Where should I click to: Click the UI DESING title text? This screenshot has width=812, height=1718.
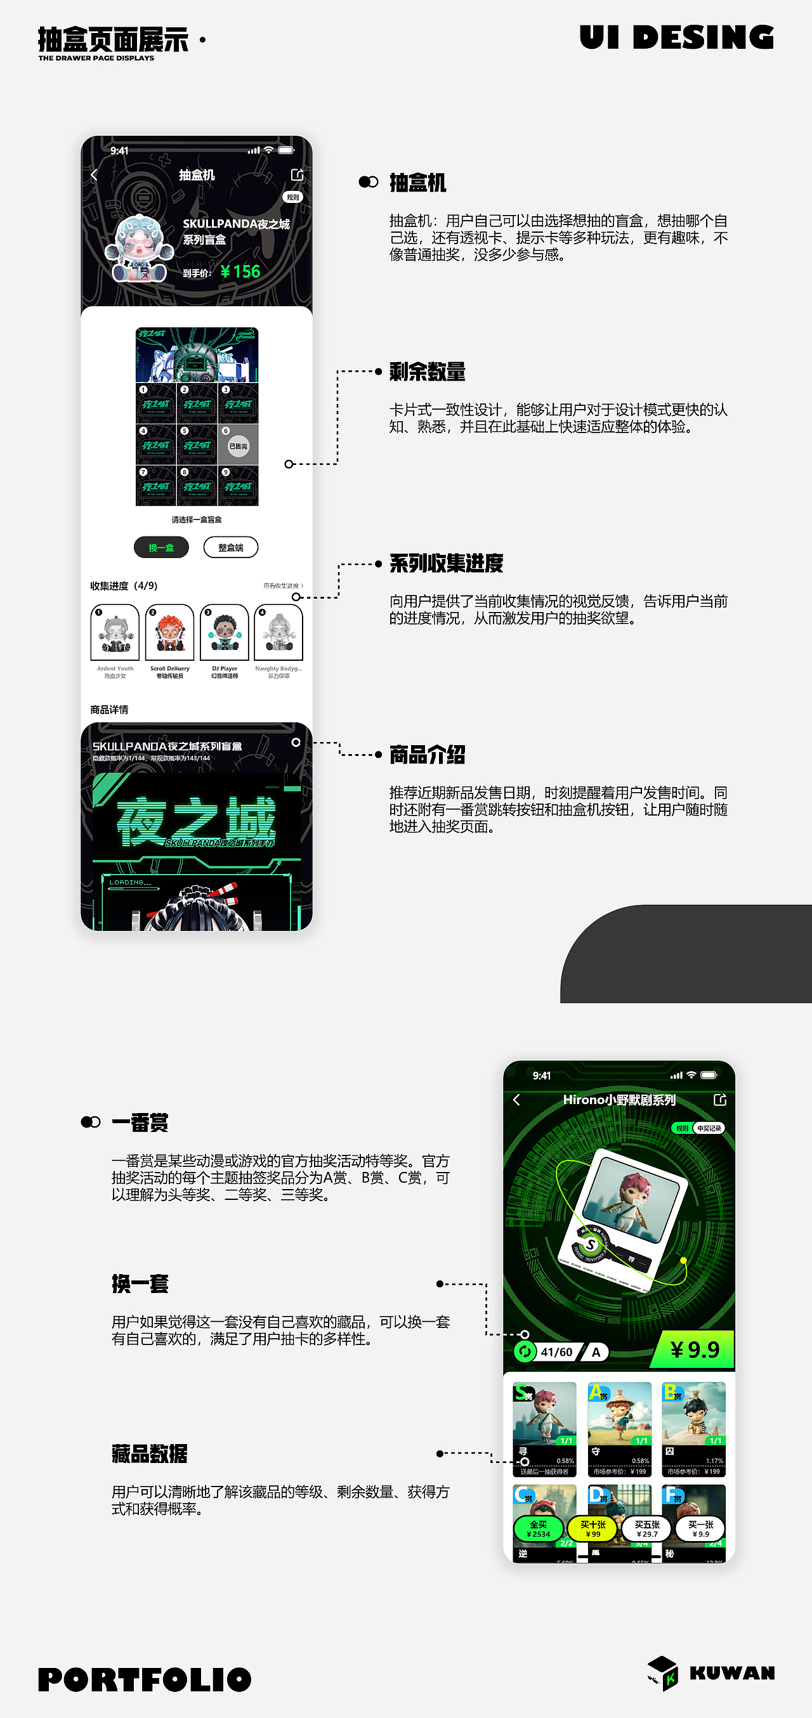tap(676, 37)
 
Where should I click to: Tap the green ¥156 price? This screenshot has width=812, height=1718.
tap(240, 271)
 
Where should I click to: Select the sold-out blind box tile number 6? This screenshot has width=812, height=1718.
tap(238, 445)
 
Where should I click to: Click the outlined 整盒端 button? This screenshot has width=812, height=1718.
tap(231, 547)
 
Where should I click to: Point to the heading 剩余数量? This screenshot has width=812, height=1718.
tap(427, 372)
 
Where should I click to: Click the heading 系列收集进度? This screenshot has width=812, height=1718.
tap(446, 564)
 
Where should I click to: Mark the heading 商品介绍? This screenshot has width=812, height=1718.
tap(427, 755)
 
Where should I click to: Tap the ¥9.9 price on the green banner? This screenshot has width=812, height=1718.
tap(694, 1350)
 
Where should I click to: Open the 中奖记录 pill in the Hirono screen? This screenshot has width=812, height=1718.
tap(709, 1128)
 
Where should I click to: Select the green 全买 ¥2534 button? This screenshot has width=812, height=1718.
tap(539, 1528)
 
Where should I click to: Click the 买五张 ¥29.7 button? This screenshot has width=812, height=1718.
tap(646, 1528)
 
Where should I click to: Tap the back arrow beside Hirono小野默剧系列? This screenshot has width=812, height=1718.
tap(516, 1100)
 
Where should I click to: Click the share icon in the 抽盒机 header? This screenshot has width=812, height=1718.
tap(297, 175)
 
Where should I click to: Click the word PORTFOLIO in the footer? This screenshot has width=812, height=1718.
tap(145, 1679)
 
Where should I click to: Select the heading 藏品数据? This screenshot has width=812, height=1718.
tap(150, 1454)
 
